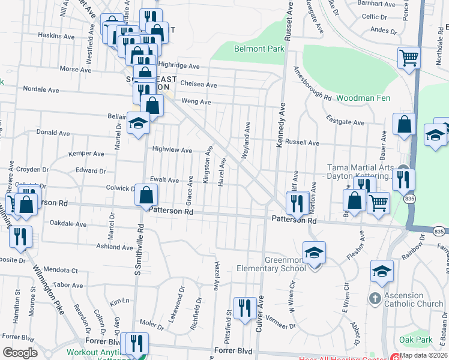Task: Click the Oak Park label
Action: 416,340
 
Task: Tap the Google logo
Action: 20,353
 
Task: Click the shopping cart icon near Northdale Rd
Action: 409,59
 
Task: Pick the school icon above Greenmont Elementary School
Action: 313,253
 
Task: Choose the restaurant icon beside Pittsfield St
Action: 244,308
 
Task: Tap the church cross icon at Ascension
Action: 374,298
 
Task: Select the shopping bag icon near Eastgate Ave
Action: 405,124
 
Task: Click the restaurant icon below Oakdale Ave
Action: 20,235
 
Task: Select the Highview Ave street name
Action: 172,150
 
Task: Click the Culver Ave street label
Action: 261,315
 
